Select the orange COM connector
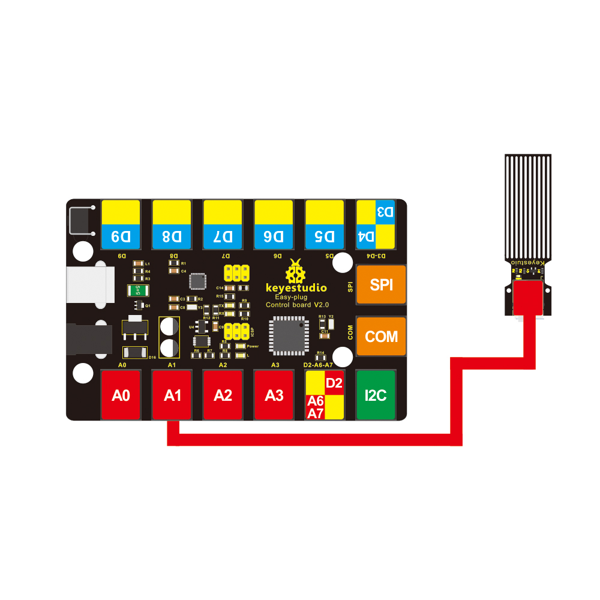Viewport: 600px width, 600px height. tap(381, 337)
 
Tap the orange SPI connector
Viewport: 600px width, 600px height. tap(381, 284)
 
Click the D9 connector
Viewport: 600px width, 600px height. tap(121, 225)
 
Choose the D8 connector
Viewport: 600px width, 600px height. tap(172, 225)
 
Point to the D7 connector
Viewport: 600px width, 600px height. tap(223, 225)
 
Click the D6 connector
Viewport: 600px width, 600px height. tap(274, 225)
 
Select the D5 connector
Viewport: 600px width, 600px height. tap(325, 225)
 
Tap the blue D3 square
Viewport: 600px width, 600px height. tap(385, 212)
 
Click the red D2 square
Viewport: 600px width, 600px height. tap(334, 383)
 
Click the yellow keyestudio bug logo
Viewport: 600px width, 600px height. tap(295, 272)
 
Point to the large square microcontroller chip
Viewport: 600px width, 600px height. tap(286, 333)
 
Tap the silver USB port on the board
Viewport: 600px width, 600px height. tap(90, 285)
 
